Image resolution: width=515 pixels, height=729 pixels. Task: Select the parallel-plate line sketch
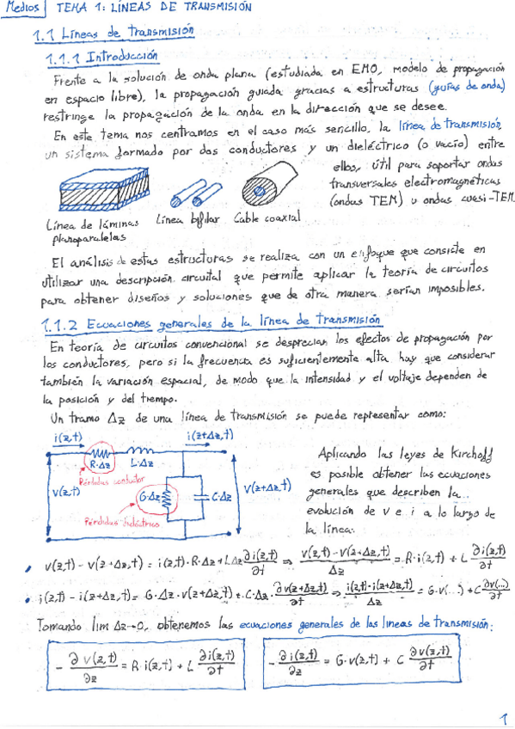coord(93,192)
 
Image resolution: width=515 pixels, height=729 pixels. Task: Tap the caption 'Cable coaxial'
coord(267,218)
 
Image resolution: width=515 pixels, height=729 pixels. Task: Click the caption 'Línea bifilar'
coord(182,219)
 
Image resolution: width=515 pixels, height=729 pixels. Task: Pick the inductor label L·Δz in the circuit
coord(145,463)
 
